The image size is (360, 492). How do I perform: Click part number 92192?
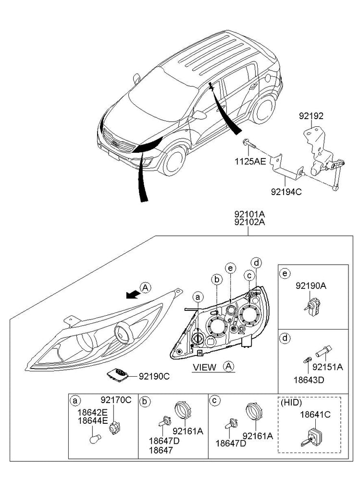point(311,116)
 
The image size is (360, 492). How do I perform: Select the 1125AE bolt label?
point(250,162)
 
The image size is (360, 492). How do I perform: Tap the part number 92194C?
point(286,191)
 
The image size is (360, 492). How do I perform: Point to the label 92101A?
point(249,215)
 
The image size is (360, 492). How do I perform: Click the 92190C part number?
point(154,376)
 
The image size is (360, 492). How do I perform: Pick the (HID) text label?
point(291,403)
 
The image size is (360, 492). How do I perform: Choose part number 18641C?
point(315,415)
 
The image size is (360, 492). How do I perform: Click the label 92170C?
point(116,400)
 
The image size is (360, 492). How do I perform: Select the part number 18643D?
point(309,380)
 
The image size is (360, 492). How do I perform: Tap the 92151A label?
point(328,367)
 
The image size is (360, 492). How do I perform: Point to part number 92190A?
point(310,286)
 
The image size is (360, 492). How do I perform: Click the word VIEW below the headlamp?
point(204,367)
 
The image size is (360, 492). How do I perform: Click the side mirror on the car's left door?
point(199,115)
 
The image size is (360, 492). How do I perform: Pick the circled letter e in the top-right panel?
point(285,273)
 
